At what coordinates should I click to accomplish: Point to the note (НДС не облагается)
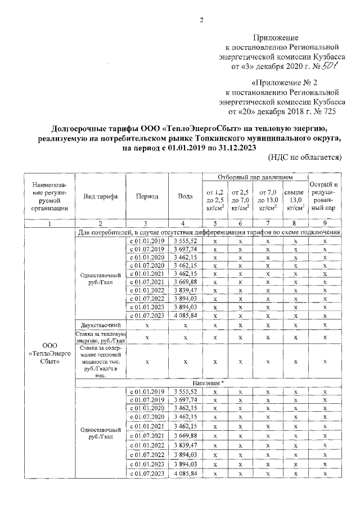(x=305, y=157)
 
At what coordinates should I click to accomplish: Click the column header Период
(x=147, y=196)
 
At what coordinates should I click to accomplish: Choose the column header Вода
(x=185, y=196)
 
